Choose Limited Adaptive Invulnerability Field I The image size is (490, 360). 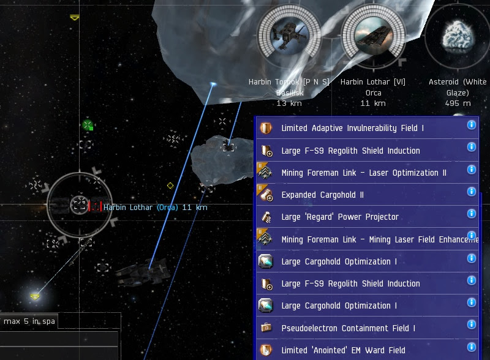352,128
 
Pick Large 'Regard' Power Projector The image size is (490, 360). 339,217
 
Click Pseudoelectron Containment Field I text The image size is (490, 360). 348,328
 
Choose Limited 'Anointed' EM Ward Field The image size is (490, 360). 343,350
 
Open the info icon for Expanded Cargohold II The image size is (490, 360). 472,192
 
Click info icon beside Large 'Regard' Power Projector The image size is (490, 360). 472,214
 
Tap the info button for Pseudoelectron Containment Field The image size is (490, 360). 472,325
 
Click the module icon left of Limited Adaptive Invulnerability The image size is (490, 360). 266,128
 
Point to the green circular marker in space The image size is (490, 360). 88,125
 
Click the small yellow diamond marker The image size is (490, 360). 170,186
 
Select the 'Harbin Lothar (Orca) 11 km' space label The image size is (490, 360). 156,208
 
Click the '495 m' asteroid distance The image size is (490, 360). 458,103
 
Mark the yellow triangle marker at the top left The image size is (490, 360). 75,18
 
